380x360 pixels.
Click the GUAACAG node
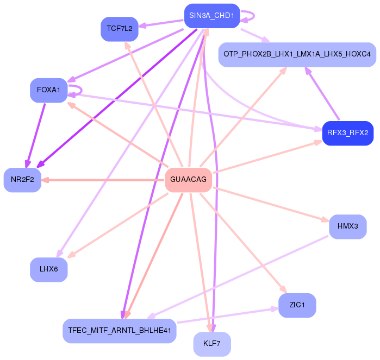coord(188,180)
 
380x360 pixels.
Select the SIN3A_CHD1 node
coord(211,16)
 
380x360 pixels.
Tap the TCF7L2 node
coord(120,29)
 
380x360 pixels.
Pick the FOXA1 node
coord(48,90)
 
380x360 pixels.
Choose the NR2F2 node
coord(22,180)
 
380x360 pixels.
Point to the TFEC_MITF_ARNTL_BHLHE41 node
coord(120,330)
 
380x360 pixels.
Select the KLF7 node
coord(212,344)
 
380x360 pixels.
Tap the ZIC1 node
coord(297,306)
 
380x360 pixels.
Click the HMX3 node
coord(347,226)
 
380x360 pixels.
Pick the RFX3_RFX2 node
coord(347,133)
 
